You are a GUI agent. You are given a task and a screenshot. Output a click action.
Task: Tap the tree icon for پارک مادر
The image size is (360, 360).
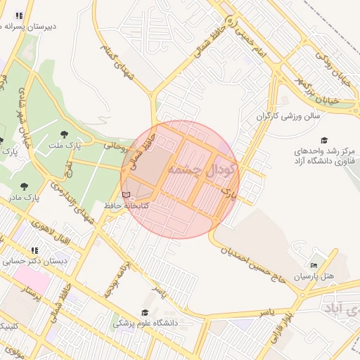click(25, 186)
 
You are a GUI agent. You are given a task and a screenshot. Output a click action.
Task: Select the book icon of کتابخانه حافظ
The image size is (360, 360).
click(126, 195)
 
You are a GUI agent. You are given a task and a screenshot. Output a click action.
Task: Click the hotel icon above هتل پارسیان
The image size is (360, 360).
click(314, 266)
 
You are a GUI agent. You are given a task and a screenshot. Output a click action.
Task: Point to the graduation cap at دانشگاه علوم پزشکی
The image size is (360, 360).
click(145, 313)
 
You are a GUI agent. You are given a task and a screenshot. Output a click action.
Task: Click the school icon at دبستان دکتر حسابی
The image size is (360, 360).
click(34, 250)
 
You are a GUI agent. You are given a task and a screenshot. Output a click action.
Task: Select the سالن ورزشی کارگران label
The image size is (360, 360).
click(288, 114)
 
